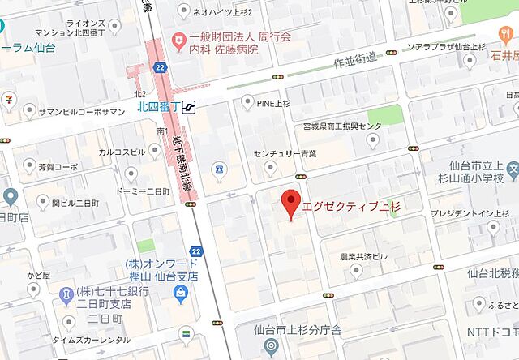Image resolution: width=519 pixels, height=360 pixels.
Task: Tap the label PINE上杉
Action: click(272, 101)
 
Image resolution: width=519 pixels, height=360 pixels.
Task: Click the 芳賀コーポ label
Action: click(58, 167)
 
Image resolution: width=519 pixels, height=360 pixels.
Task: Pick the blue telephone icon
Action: click(217, 169)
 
